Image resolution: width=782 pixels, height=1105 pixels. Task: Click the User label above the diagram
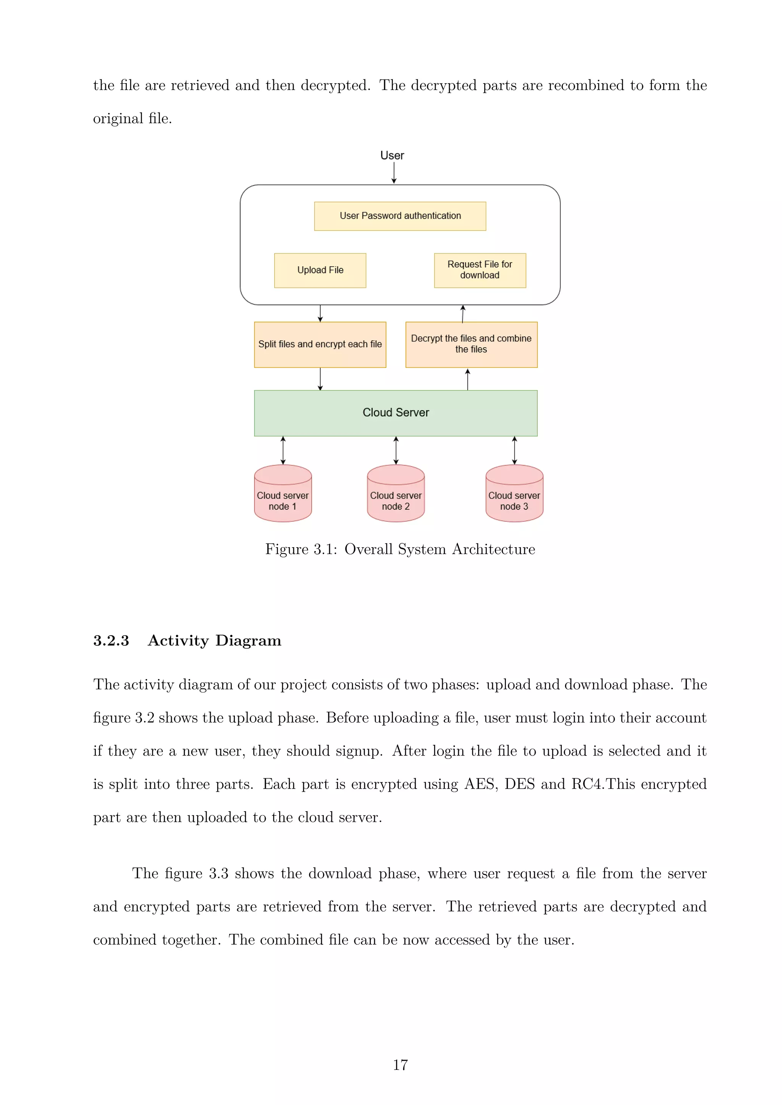[x=392, y=155]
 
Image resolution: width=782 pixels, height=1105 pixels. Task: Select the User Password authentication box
[x=400, y=216]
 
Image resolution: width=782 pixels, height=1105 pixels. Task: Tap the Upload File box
[x=320, y=271]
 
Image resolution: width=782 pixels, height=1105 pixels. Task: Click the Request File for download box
[x=480, y=270]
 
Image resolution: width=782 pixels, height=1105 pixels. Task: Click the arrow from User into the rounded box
[x=394, y=173]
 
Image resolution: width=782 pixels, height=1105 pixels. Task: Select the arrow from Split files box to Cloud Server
[x=320, y=379]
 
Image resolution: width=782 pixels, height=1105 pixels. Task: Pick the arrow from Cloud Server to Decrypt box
[x=468, y=379]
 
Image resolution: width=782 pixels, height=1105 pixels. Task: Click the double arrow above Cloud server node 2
[x=396, y=451]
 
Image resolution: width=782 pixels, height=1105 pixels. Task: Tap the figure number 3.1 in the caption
[x=325, y=549]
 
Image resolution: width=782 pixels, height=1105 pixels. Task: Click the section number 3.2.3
[x=111, y=641]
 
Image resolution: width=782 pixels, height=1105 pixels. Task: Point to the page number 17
[x=400, y=1065]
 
